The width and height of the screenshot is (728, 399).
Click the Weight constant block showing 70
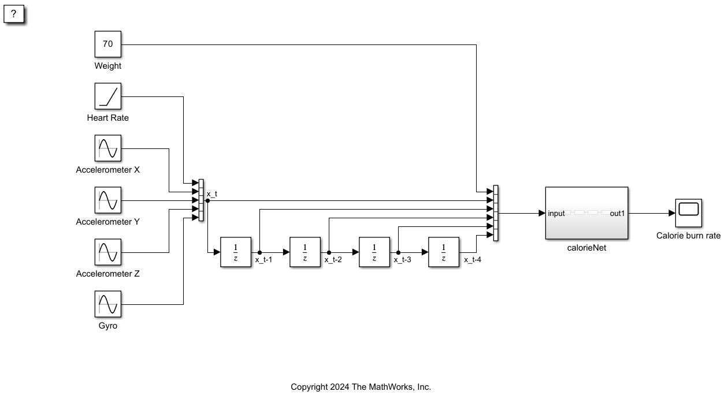(108, 44)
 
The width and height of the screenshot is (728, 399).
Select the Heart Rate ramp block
(108, 96)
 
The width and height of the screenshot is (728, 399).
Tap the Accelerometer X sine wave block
(108, 148)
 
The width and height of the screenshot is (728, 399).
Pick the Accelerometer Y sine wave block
(108, 200)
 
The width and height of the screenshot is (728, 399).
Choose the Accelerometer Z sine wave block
(108, 252)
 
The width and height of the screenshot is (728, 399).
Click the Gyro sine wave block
(108, 304)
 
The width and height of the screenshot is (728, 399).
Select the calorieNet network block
(586, 212)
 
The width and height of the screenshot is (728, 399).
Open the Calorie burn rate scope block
(688, 212)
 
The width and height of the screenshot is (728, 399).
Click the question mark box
(14, 14)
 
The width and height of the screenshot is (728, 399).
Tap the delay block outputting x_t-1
(236, 252)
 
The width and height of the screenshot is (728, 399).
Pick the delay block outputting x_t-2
(305, 252)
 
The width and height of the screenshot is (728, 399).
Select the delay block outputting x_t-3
(374, 252)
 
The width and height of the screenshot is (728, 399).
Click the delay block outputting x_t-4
(444, 252)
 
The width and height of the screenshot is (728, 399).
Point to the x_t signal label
(212, 193)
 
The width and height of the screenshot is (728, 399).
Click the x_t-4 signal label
(473, 260)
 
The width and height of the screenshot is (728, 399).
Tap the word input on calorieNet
(556, 214)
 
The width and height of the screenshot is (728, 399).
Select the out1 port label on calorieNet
(617, 214)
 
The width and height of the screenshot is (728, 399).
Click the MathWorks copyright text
(361, 387)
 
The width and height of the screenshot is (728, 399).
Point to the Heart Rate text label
(108, 118)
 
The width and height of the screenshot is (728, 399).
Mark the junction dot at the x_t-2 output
(329, 252)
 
